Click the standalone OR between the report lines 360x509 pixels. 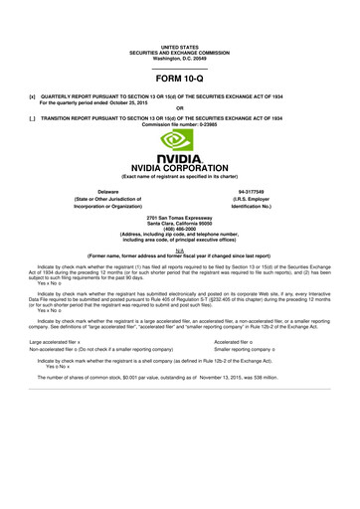click(179, 108)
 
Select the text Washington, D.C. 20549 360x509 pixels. click(180, 58)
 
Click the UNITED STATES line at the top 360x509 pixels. click(180, 47)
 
